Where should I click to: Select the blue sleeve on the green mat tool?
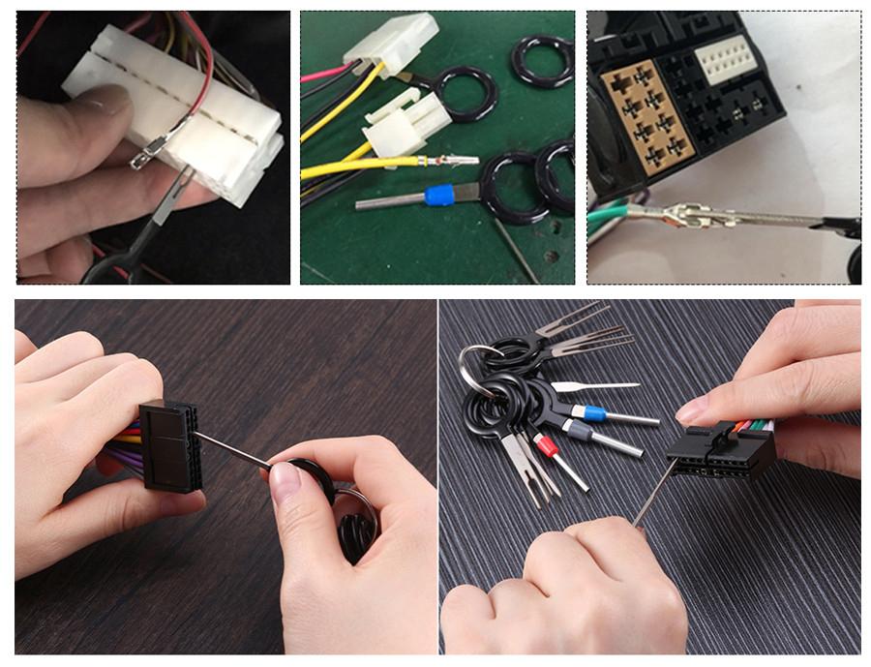[x=439, y=196]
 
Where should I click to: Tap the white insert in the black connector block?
[x=726, y=60]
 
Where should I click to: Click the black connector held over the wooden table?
[x=168, y=445]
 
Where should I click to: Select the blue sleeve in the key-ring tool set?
[x=587, y=412]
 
